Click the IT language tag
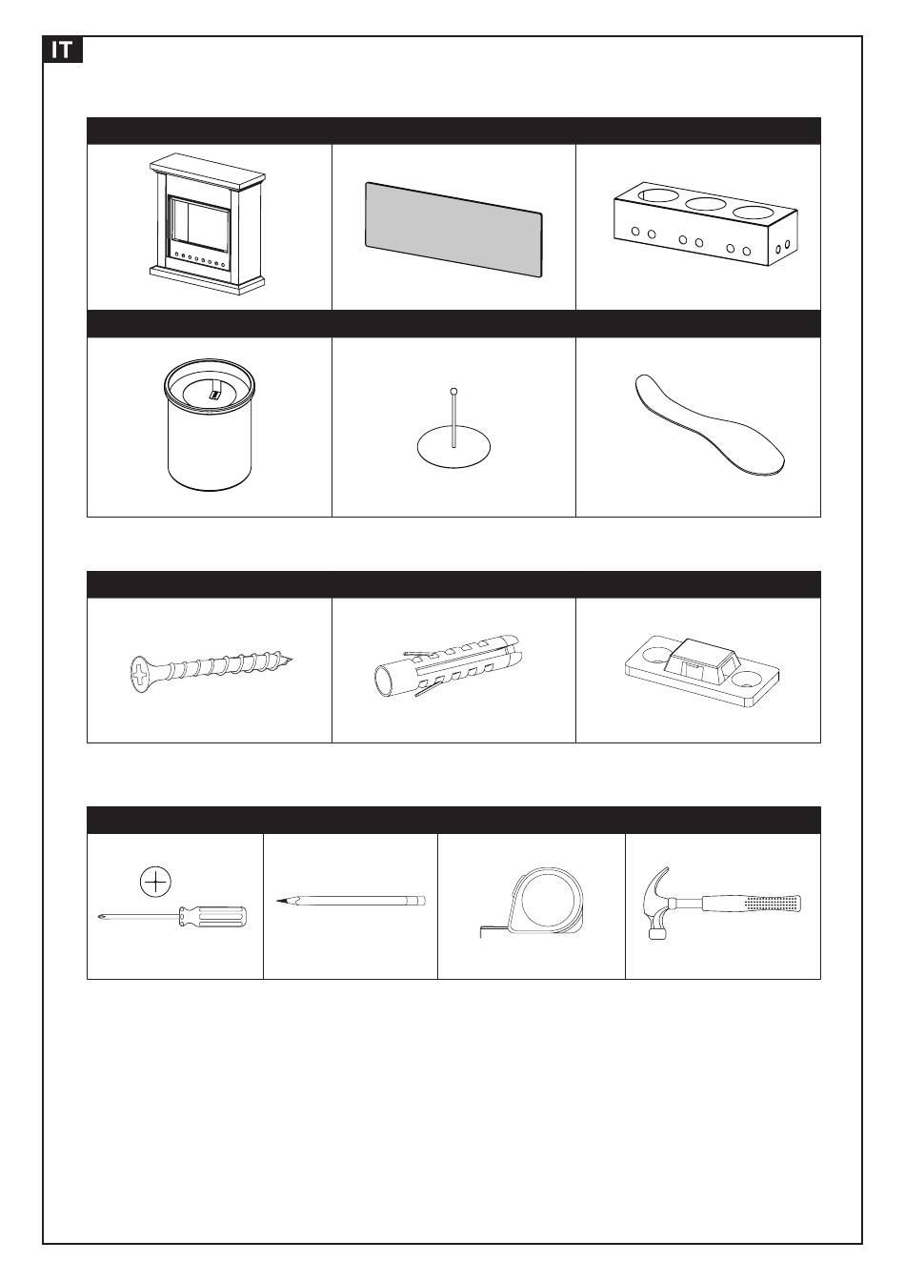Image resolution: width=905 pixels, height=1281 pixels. [x=63, y=50]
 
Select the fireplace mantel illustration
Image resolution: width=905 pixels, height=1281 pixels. [x=208, y=224]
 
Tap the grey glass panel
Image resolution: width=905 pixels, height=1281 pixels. [x=453, y=230]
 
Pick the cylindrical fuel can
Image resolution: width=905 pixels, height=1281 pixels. [x=210, y=425]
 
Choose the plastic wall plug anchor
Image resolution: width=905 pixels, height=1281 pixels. [x=447, y=665]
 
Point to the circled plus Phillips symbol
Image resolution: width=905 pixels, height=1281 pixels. [x=155, y=883]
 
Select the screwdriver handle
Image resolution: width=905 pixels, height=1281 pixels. [x=213, y=916]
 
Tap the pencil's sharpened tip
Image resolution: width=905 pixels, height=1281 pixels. [x=278, y=901]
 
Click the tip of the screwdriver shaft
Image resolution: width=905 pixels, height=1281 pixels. [x=99, y=920]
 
